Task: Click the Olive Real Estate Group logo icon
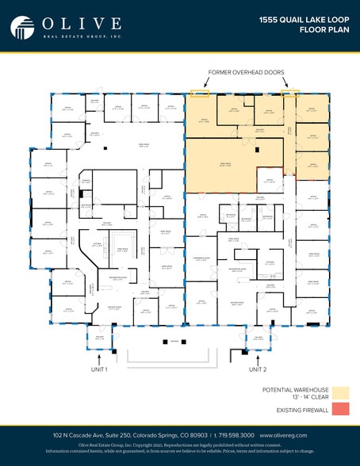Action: pyautogui.click(x=22, y=27)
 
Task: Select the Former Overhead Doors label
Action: pyautogui.click(x=247, y=72)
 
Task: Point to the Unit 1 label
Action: pyautogui.click(x=99, y=369)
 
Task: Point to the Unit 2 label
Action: pyautogui.click(x=258, y=369)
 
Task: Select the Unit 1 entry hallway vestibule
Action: pyautogui.click(x=99, y=338)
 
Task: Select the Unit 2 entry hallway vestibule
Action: pyautogui.click(x=258, y=338)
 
